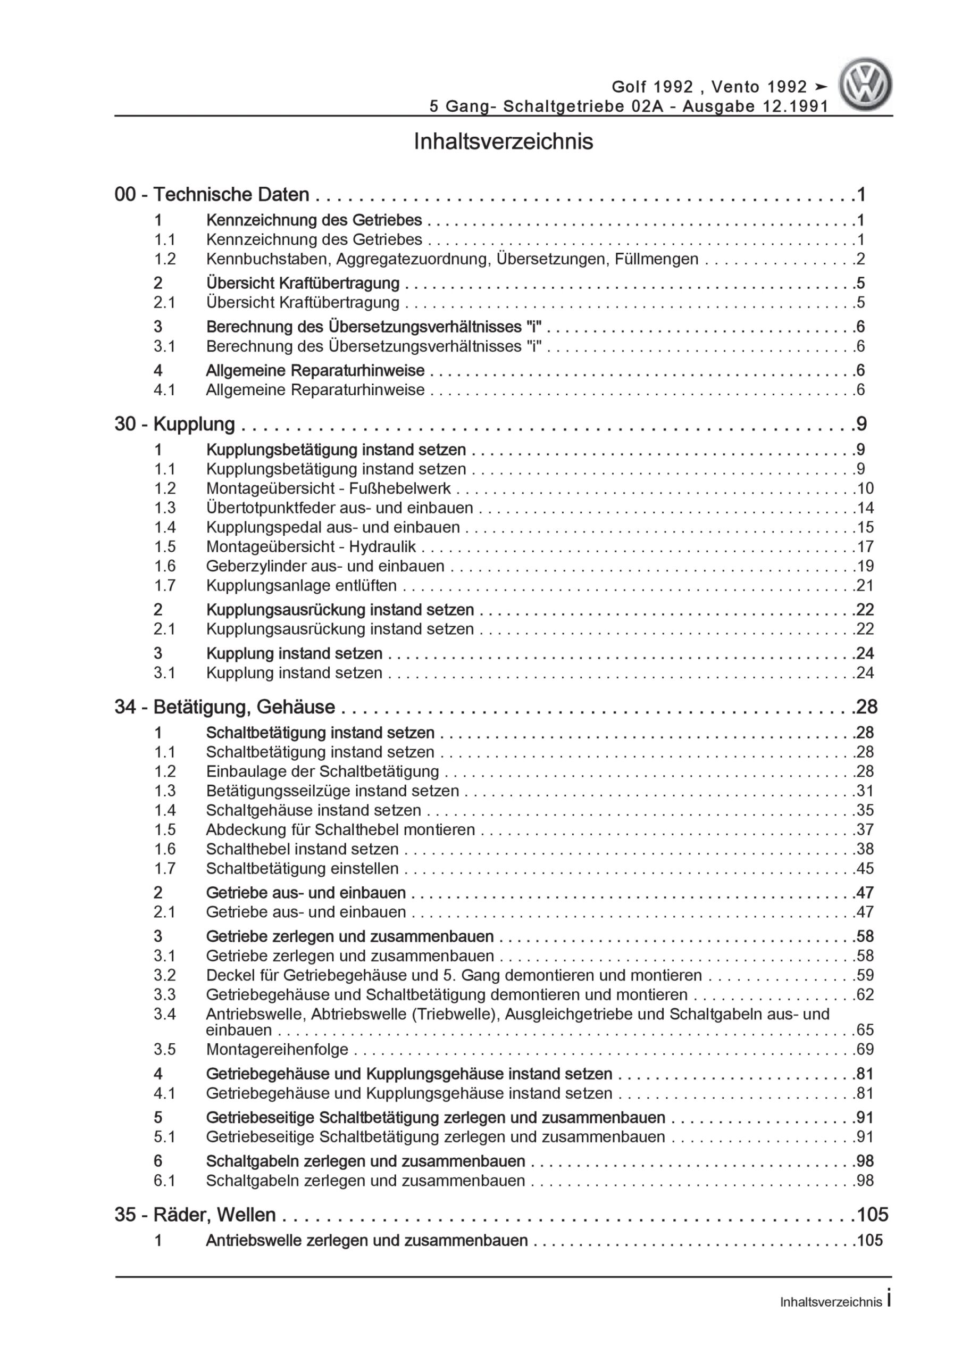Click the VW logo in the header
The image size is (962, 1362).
(865, 85)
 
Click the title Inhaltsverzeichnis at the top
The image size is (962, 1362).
(503, 142)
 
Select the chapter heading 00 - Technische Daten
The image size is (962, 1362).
(212, 195)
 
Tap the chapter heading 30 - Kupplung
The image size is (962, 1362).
(175, 424)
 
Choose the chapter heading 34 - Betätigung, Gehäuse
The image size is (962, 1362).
(225, 707)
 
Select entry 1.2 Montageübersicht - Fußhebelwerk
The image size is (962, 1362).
(328, 488)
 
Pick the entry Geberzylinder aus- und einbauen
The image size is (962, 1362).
(325, 566)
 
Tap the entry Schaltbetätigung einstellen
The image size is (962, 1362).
(302, 868)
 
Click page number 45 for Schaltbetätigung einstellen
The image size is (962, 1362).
(865, 868)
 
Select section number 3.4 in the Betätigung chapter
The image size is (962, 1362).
(164, 1014)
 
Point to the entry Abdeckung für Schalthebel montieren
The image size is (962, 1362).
(340, 829)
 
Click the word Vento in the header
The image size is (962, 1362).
(734, 87)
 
